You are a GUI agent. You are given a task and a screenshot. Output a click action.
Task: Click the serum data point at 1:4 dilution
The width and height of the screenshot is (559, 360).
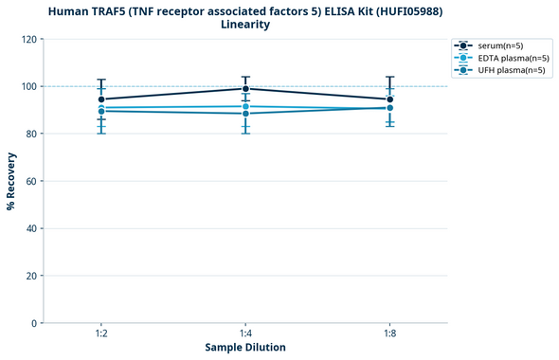tap(245, 89)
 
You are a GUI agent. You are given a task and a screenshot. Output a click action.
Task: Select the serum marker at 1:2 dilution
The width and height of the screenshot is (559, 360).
tap(101, 99)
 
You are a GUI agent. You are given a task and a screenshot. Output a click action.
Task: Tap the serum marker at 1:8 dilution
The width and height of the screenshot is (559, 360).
tap(389, 99)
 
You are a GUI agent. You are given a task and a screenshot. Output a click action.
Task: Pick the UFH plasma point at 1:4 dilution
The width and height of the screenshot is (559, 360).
tap(245, 114)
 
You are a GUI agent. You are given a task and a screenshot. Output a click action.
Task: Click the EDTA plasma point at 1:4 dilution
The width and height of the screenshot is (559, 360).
tap(245, 106)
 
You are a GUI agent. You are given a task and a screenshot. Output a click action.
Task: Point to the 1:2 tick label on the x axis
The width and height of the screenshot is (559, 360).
tap(101, 334)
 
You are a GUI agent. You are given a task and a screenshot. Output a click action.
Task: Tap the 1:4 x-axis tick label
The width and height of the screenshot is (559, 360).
tap(245, 334)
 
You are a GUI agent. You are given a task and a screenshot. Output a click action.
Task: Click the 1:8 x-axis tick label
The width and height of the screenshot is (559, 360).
tap(389, 334)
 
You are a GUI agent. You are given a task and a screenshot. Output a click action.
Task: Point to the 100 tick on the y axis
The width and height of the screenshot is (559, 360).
tap(28, 86)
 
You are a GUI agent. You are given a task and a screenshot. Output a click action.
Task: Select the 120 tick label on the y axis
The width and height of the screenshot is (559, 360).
tap(28, 39)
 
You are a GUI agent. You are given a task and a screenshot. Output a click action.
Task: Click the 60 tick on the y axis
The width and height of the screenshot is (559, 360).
tap(31, 181)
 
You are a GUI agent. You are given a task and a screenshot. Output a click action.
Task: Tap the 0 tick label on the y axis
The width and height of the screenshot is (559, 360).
tap(34, 323)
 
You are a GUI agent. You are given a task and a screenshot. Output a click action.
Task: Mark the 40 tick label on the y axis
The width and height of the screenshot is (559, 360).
tap(31, 228)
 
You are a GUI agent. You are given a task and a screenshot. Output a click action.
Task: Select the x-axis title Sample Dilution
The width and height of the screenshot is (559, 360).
tap(245, 348)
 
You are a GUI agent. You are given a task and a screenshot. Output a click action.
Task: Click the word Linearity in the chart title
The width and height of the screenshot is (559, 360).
tap(245, 25)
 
